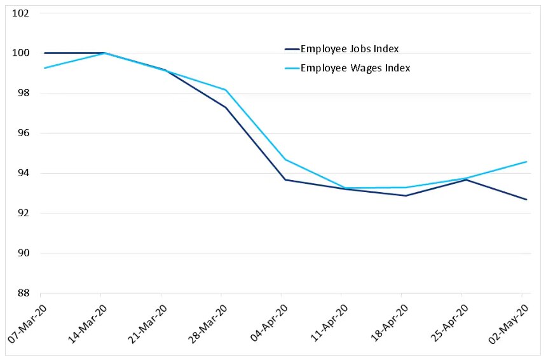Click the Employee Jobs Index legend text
pos(350,48)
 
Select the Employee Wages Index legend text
pos(355,68)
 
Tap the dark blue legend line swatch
pos(291,48)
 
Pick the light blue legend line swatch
pos(291,68)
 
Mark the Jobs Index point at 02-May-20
pos(526,200)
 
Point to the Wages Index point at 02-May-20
pos(526,162)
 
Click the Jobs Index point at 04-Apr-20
pos(285,179)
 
